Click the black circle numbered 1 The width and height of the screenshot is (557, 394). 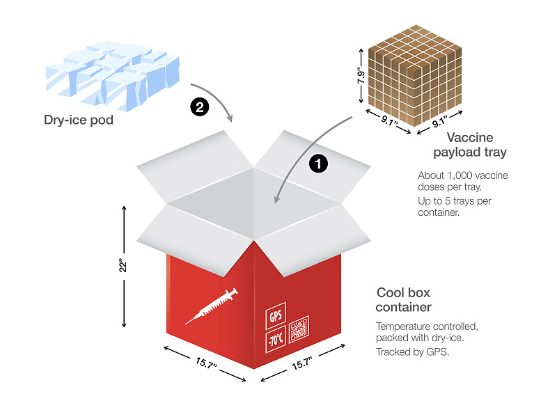point(317,164)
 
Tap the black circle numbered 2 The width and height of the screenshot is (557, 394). point(200,108)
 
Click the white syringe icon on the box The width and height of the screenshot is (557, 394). point(212,306)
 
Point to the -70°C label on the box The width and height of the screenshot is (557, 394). point(275,340)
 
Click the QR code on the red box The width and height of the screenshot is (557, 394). point(299,329)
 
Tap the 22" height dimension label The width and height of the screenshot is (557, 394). point(121,267)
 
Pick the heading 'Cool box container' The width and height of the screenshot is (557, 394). point(404,299)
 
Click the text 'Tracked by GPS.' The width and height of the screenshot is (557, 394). point(412,352)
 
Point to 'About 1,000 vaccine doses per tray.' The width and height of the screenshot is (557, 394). point(462,182)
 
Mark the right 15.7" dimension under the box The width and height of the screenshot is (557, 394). point(301,362)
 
